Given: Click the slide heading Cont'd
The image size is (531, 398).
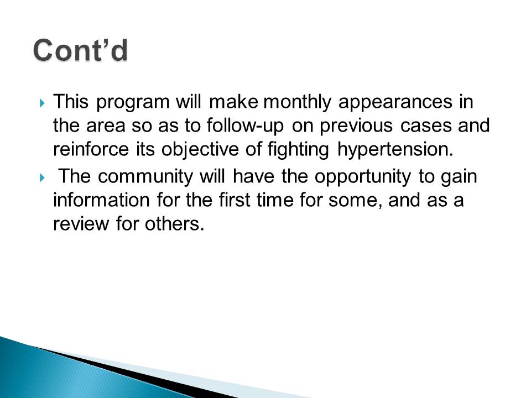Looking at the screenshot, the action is (x=81, y=50).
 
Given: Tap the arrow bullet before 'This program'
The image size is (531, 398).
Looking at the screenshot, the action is (x=42, y=103).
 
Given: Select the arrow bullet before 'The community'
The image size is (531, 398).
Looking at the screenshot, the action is (x=42, y=177).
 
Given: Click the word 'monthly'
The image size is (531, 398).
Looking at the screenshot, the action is (x=297, y=102).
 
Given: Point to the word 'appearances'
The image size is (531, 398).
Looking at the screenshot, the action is (x=395, y=102).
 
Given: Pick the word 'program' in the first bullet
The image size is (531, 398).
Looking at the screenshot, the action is (x=133, y=103).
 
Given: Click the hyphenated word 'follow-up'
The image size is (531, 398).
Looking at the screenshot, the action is (x=245, y=126).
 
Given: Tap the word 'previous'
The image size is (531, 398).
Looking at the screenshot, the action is (x=356, y=126).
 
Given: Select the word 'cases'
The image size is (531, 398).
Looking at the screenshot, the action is (x=426, y=127).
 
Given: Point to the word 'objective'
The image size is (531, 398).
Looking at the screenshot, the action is (x=200, y=150).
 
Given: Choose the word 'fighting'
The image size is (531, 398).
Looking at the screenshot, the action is (x=298, y=150).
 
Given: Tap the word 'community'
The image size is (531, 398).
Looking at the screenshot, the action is (x=145, y=177).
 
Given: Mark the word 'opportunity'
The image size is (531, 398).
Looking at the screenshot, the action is (x=363, y=177).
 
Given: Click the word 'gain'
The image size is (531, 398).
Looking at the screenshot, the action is (x=459, y=177).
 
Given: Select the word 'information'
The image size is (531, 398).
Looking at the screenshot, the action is (x=101, y=200).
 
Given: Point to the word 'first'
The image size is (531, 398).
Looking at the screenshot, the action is (x=234, y=200).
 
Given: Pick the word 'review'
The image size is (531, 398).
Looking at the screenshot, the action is (x=81, y=224).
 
